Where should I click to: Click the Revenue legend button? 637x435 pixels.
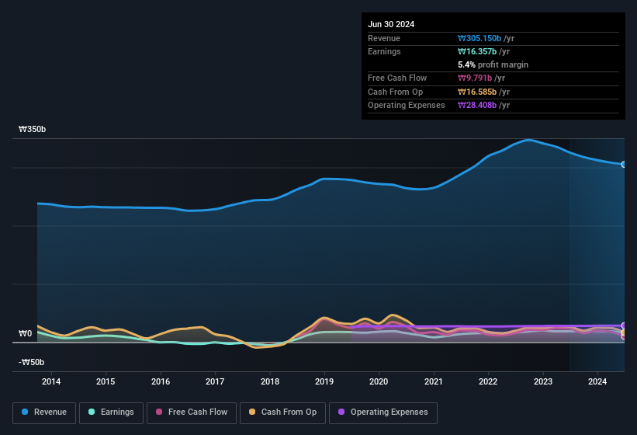[x=44, y=412]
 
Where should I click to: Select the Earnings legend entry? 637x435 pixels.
[x=111, y=412]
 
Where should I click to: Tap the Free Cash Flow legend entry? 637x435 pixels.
[x=192, y=412]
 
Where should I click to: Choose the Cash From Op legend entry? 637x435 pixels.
[x=282, y=412]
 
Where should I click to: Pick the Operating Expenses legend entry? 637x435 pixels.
[x=383, y=412]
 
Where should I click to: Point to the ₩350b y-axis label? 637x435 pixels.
[x=33, y=130]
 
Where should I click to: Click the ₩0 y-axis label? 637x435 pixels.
[x=26, y=334]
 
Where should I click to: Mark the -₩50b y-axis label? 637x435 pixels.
[x=31, y=362]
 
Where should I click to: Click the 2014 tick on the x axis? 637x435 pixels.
[x=51, y=381]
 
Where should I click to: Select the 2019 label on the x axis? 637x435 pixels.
[x=324, y=381]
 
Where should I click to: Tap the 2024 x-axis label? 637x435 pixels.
[x=597, y=381]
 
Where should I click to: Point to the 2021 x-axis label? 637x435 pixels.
[x=434, y=381]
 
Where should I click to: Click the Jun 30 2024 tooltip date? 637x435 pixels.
[x=391, y=24]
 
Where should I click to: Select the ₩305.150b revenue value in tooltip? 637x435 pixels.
[x=486, y=38]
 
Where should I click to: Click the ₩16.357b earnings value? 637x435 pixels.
[x=483, y=51]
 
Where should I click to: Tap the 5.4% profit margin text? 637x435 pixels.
[x=493, y=64]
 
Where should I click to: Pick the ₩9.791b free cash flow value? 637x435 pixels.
[x=481, y=78]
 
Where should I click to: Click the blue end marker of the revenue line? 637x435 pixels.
[x=624, y=165]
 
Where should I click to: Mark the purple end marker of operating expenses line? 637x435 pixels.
[x=624, y=326]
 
